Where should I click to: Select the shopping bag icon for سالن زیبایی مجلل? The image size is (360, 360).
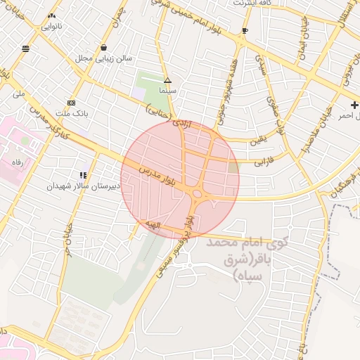click(x=104, y=48)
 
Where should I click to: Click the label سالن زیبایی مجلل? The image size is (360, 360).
click(x=104, y=59)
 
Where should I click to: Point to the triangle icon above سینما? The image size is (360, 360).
click(x=167, y=80)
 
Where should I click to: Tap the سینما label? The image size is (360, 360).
click(x=167, y=91)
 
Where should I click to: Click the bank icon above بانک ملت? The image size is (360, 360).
click(x=71, y=102)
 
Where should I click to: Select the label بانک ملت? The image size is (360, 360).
click(x=72, y=112)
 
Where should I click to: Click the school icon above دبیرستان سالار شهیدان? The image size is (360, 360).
click(x=84, y=175)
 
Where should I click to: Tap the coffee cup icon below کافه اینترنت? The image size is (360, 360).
click(x=245, y=31)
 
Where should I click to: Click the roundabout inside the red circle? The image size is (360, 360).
click(x=198, y=195)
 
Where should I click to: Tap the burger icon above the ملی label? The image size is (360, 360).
click(x=26, y=49)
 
